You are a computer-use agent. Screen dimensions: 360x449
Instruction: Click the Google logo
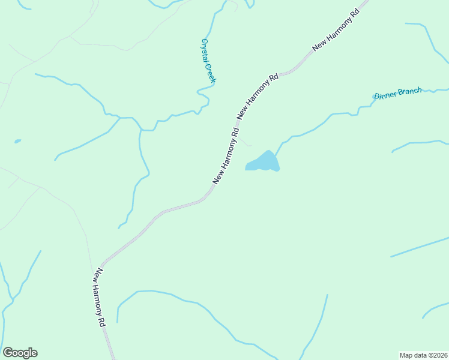[20, 353]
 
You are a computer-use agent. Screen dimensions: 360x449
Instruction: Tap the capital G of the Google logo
[8, 353]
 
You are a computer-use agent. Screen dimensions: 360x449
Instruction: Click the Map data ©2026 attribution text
[423, 355]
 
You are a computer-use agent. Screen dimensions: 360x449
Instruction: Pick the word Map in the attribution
[407, 355]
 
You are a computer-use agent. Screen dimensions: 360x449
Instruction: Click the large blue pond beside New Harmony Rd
[264, 162]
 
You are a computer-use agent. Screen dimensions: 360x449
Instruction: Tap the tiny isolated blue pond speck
[17, 142]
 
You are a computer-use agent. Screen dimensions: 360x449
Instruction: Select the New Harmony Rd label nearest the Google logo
[99, 297]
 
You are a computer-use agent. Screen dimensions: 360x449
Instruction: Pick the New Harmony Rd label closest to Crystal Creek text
[258, 96]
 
